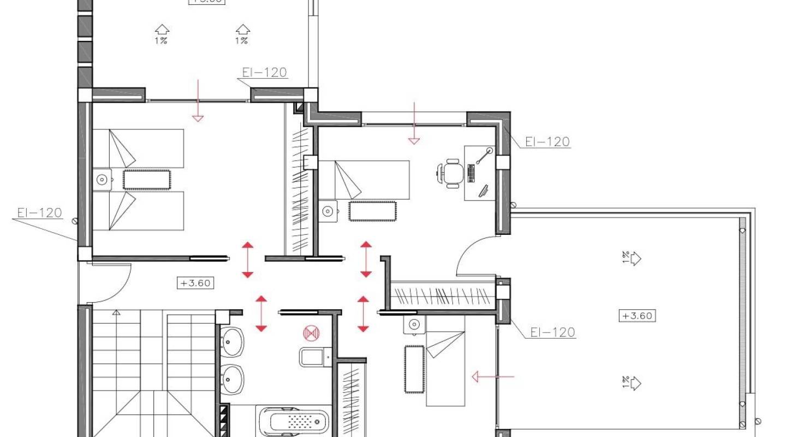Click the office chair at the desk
pyautogui.click(x=451, y=174)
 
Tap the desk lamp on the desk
pyautogui.click(x=484, y=156)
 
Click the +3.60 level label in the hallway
pyautogui.click(x=195, y=283)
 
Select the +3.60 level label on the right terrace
pyautogui.click(x=637, y=315)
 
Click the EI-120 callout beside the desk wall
pyautogui.click(x=547, y=142)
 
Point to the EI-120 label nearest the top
pyautogui.click(x=264, y=73)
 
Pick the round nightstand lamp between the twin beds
pyautogui.click(x=101, y=179)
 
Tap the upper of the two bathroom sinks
pyautogui.click(x=233, y=341)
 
